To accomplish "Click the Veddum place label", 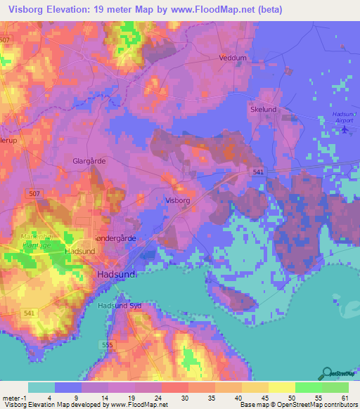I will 233,58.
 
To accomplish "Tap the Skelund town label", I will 263,110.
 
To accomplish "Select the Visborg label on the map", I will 177,200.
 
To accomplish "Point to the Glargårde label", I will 89,161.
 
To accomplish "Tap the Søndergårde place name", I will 115,238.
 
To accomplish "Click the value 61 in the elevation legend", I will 344,398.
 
